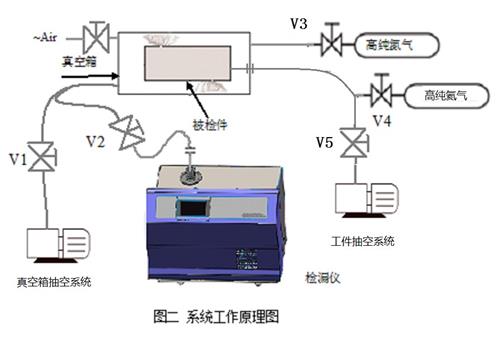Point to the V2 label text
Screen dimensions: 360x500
click(x=94, y=140)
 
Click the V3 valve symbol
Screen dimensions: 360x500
click(x=328, y=44)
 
